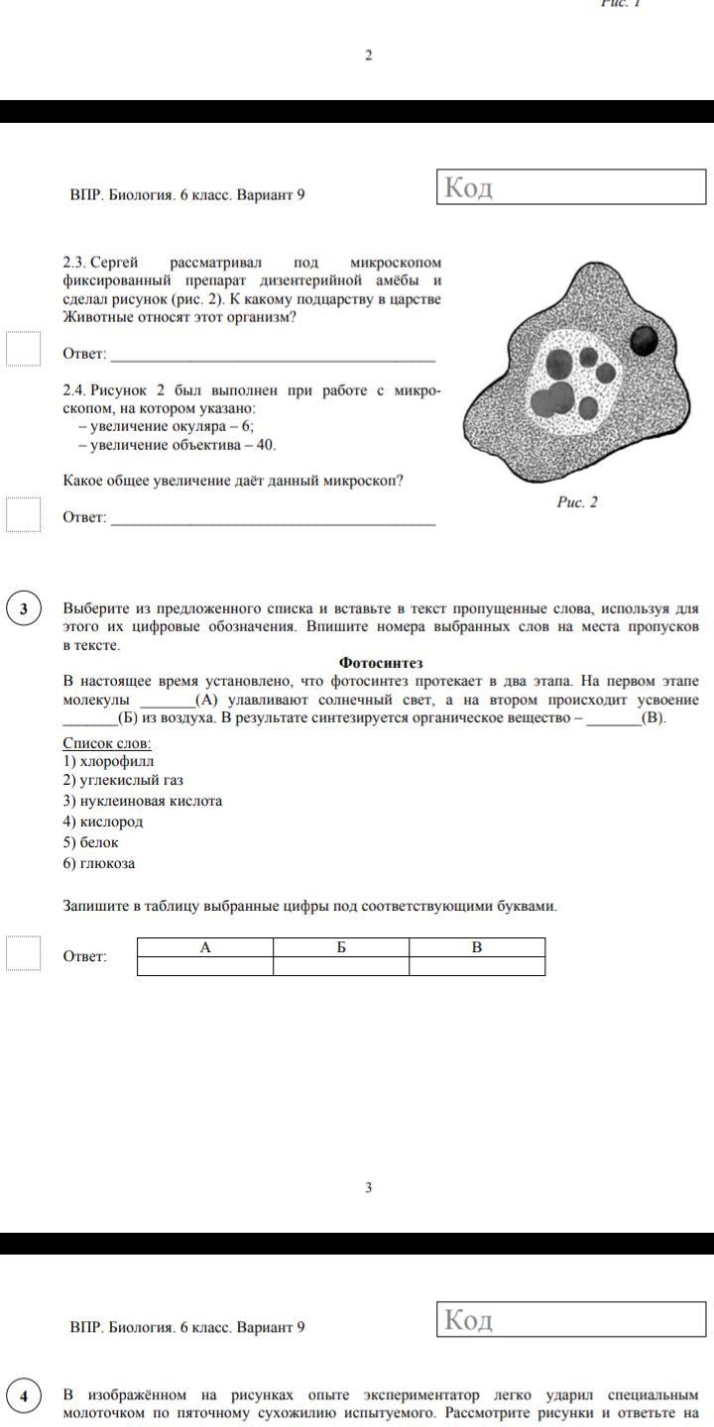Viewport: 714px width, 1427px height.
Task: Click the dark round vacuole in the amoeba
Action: [x=645, y=341]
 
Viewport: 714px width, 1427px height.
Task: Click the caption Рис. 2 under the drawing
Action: [x=577, y=502]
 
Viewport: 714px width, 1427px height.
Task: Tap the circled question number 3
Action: [x=24, y=608]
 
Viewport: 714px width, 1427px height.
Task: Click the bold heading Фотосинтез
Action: [x=381, y=663]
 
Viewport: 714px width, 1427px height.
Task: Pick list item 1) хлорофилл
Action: [x=108, y=761]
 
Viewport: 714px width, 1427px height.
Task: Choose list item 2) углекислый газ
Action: [x=123, y=780]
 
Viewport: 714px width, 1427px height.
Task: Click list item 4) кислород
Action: [x=103, y=822]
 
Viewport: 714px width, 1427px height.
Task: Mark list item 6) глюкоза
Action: [x=99, y=863]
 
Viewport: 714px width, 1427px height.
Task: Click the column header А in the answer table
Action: [x=205, y=947]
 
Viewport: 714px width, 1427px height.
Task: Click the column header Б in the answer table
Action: [x=341, y=947]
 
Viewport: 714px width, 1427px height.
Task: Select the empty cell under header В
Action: [x=477, y=966]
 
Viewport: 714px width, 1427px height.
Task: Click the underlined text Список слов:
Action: [x=107, y=743]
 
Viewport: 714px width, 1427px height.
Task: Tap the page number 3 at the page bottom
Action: [x=369, y=1187]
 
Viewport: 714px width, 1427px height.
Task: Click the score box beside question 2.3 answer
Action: [x=24, y=349]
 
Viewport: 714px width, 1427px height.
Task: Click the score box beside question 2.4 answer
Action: [x=24, y=513]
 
